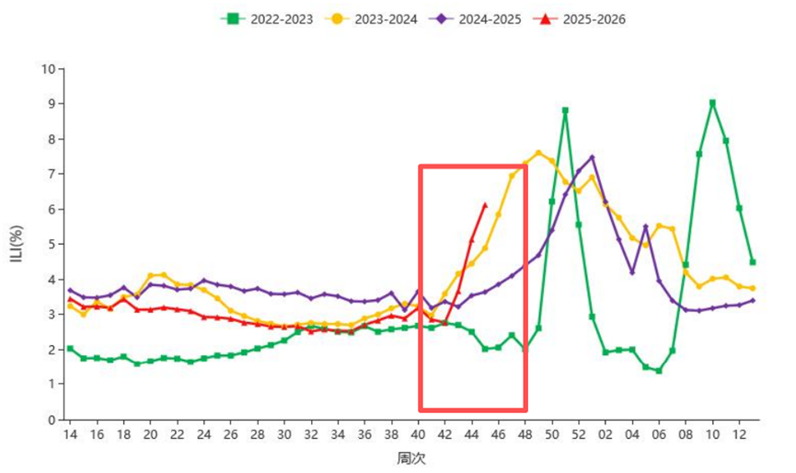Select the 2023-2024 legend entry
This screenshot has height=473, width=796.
coord(378,18)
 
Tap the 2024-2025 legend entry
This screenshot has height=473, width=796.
coord(484,18)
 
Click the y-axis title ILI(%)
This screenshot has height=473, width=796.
coord(17,243)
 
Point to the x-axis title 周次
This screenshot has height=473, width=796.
coord(410,458)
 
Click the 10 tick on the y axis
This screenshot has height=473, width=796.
coord(49,69)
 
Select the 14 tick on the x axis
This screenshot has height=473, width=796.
coord(70,433)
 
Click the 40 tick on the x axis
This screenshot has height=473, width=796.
coord(418,433)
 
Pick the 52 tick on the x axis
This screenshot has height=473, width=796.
coord(579,433)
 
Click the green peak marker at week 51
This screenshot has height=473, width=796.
coord(565,110)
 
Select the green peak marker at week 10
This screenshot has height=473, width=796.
coord(712,103)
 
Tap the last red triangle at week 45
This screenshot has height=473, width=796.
coord(485,205)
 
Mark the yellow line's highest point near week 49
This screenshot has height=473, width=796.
coord(538,153)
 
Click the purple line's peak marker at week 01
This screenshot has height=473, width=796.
coord(592,157)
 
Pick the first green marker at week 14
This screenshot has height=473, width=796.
coord(70,349)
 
